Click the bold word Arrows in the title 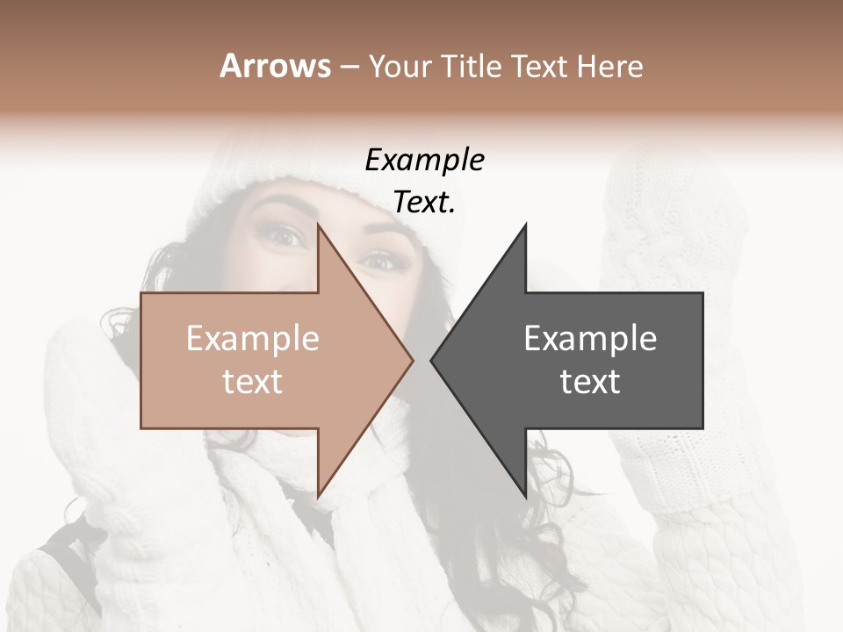(275, 66)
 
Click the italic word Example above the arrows (424, 160)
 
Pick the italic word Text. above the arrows (424, 202)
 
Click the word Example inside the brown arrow (253, 338)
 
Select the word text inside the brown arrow (253, 381)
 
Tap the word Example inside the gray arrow (590, 338)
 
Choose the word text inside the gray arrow (590, 381)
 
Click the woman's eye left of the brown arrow (288, 233)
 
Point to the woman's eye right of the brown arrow (379, 259)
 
